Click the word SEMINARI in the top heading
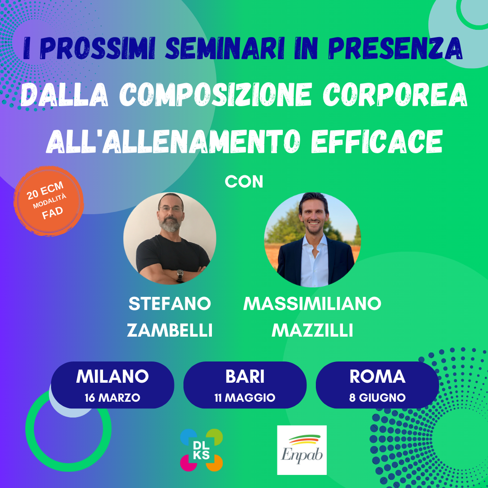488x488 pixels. (x=221, y=49)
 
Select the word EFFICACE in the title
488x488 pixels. (x=376, y=141)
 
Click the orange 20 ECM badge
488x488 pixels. (x=48, y=201)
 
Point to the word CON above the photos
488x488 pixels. (x=244, y=182)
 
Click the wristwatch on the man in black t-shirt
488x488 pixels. (x=180, y=275)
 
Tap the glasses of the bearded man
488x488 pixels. (x=170, y=209)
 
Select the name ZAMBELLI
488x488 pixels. (x=169, y=330)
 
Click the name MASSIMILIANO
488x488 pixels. (x=312, y=304)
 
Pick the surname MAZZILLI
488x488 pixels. (x=312, y=330)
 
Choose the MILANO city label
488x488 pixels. (x=113, y=376)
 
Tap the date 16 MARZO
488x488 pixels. (x=113, y=398)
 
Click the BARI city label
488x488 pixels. (x=245, y=376)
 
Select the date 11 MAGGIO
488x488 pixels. (x=245, y=398)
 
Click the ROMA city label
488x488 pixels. (x=377, y=376)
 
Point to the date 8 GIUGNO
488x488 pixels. (x=377, y=398)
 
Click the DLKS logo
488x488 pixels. (x=202, y=450)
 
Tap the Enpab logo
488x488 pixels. (x=301, y=450)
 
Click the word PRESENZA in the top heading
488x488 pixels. (x=395, y=49)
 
